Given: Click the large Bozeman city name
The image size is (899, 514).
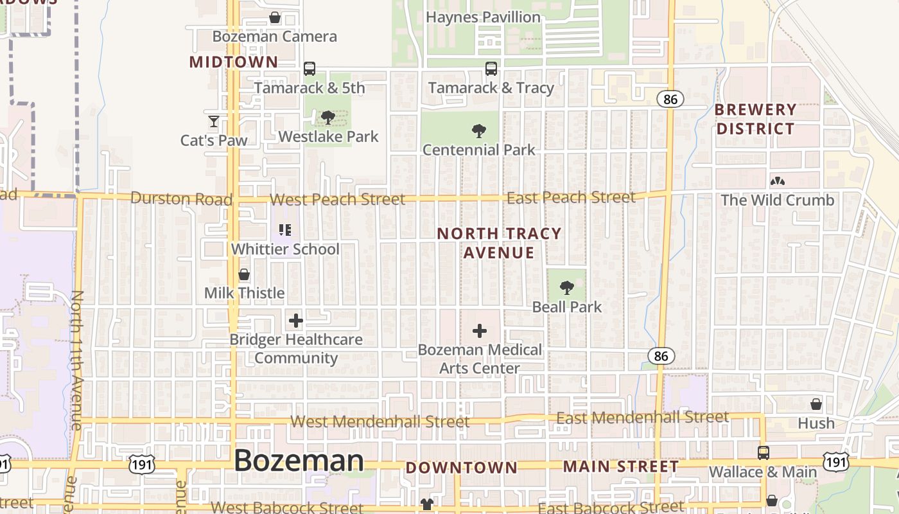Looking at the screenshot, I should tap(299, 461).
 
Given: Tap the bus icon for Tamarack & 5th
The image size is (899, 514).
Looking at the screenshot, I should tap(310, 69).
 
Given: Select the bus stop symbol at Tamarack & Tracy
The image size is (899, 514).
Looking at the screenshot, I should tap(491, 69).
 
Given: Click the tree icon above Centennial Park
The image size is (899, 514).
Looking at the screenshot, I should tap(478, 131).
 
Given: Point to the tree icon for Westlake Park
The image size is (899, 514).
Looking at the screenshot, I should tap(328, 118).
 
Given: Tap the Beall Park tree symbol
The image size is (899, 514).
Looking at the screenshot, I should tap(566, 287).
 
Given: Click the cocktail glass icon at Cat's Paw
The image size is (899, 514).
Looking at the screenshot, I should tap(214, 121).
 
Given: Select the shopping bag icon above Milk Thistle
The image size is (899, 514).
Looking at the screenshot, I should tap(244, 275).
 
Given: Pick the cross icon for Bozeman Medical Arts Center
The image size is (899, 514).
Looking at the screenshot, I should tap(480, 332).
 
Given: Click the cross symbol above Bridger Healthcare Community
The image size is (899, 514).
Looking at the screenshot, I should tap(296, 321).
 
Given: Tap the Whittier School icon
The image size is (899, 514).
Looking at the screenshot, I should tap(285, 230).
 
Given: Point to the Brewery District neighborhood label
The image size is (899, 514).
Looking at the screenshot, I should tap(755, 119).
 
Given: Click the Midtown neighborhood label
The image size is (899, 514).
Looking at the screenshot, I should tap(234, 62).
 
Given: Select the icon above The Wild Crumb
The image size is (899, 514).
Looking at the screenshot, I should tap(778, 182).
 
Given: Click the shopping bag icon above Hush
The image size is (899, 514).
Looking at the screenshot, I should tap(816, 404).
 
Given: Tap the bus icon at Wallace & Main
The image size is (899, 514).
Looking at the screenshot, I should tap(763, 453).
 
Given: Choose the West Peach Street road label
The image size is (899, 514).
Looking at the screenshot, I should tap(338, 200).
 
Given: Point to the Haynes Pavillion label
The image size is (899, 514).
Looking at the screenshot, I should tap(484, 17).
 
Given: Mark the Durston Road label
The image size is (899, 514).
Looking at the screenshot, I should tap(181, 199).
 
